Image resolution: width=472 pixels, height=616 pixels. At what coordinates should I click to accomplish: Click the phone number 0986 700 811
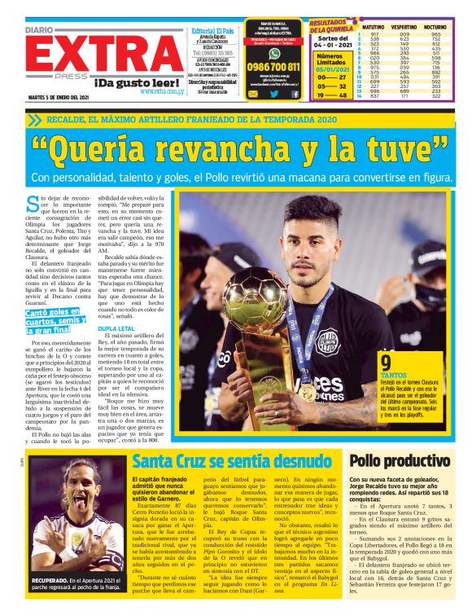point(273,67)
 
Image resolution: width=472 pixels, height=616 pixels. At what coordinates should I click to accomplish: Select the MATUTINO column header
point(375,27)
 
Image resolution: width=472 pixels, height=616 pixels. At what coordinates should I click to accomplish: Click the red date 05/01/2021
point(331,70)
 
